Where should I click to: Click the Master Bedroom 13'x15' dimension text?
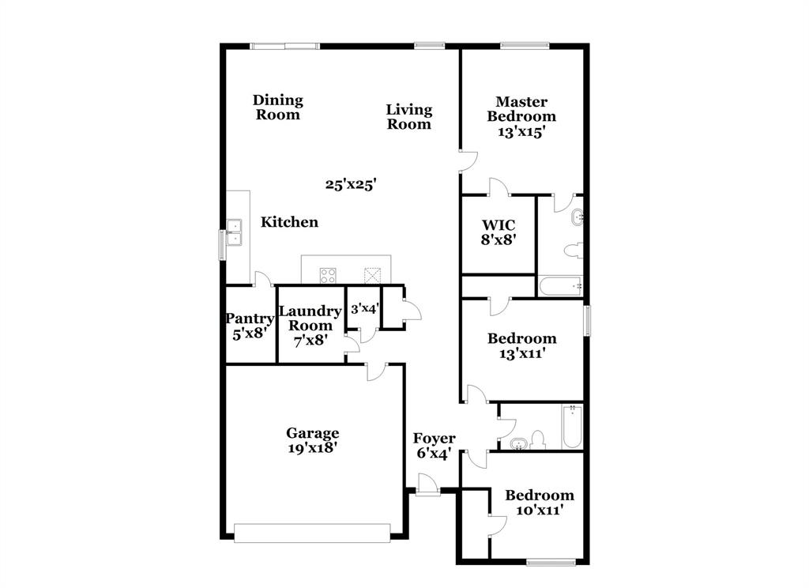tap(521, 132)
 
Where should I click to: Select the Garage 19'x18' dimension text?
tap(313, 447)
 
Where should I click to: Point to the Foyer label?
tap(434, 439)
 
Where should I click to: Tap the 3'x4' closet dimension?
tap(364, 308)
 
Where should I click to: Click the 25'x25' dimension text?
tap(351, 184)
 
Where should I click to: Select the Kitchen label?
tap(290, 222)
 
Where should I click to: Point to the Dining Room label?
tap(278, 107)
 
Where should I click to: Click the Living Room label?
tap(408, 116)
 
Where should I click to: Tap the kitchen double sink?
tap(234, 232)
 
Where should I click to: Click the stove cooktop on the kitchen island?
tap(328, 275)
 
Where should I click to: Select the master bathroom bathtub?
tap(560, 286)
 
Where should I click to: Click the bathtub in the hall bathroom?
tap(572, 427)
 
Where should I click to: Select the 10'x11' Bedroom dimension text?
tap(540, 511)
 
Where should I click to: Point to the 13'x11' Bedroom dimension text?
tap(521, 353)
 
